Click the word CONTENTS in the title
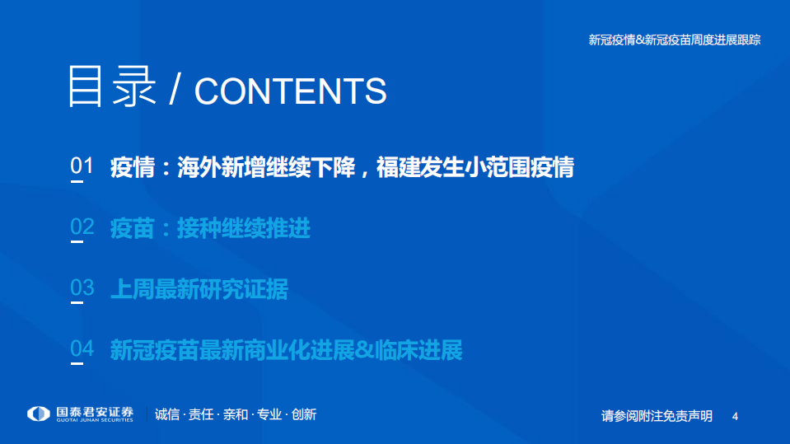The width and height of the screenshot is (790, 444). coord(290,91)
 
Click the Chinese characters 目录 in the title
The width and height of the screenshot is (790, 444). coord(111,86)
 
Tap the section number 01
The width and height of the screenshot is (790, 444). coord(82,166)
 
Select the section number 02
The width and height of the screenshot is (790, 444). coord(82,227)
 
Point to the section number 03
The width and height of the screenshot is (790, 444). coord(82,288)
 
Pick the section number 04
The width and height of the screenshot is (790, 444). coord(82,349)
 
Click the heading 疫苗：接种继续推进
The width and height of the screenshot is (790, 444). coord(210,228)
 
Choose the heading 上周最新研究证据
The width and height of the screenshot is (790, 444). coord(199,289)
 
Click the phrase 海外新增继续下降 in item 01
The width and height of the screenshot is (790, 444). coord(265,167)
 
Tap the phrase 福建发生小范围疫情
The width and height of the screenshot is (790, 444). coord(475,167)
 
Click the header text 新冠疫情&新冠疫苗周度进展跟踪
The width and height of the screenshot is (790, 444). coord(674,40)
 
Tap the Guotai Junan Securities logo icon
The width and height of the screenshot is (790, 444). coord(39,414)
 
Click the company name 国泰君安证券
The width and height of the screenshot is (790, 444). coord(96,411)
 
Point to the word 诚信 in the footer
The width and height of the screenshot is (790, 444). coord(166,414)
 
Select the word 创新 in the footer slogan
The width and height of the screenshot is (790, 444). coord(303,414)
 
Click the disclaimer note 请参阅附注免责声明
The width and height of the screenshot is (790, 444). coord(657,416)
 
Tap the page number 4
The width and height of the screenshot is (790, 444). coord(735,416)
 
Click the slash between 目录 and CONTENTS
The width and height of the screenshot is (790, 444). coord(174,91)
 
